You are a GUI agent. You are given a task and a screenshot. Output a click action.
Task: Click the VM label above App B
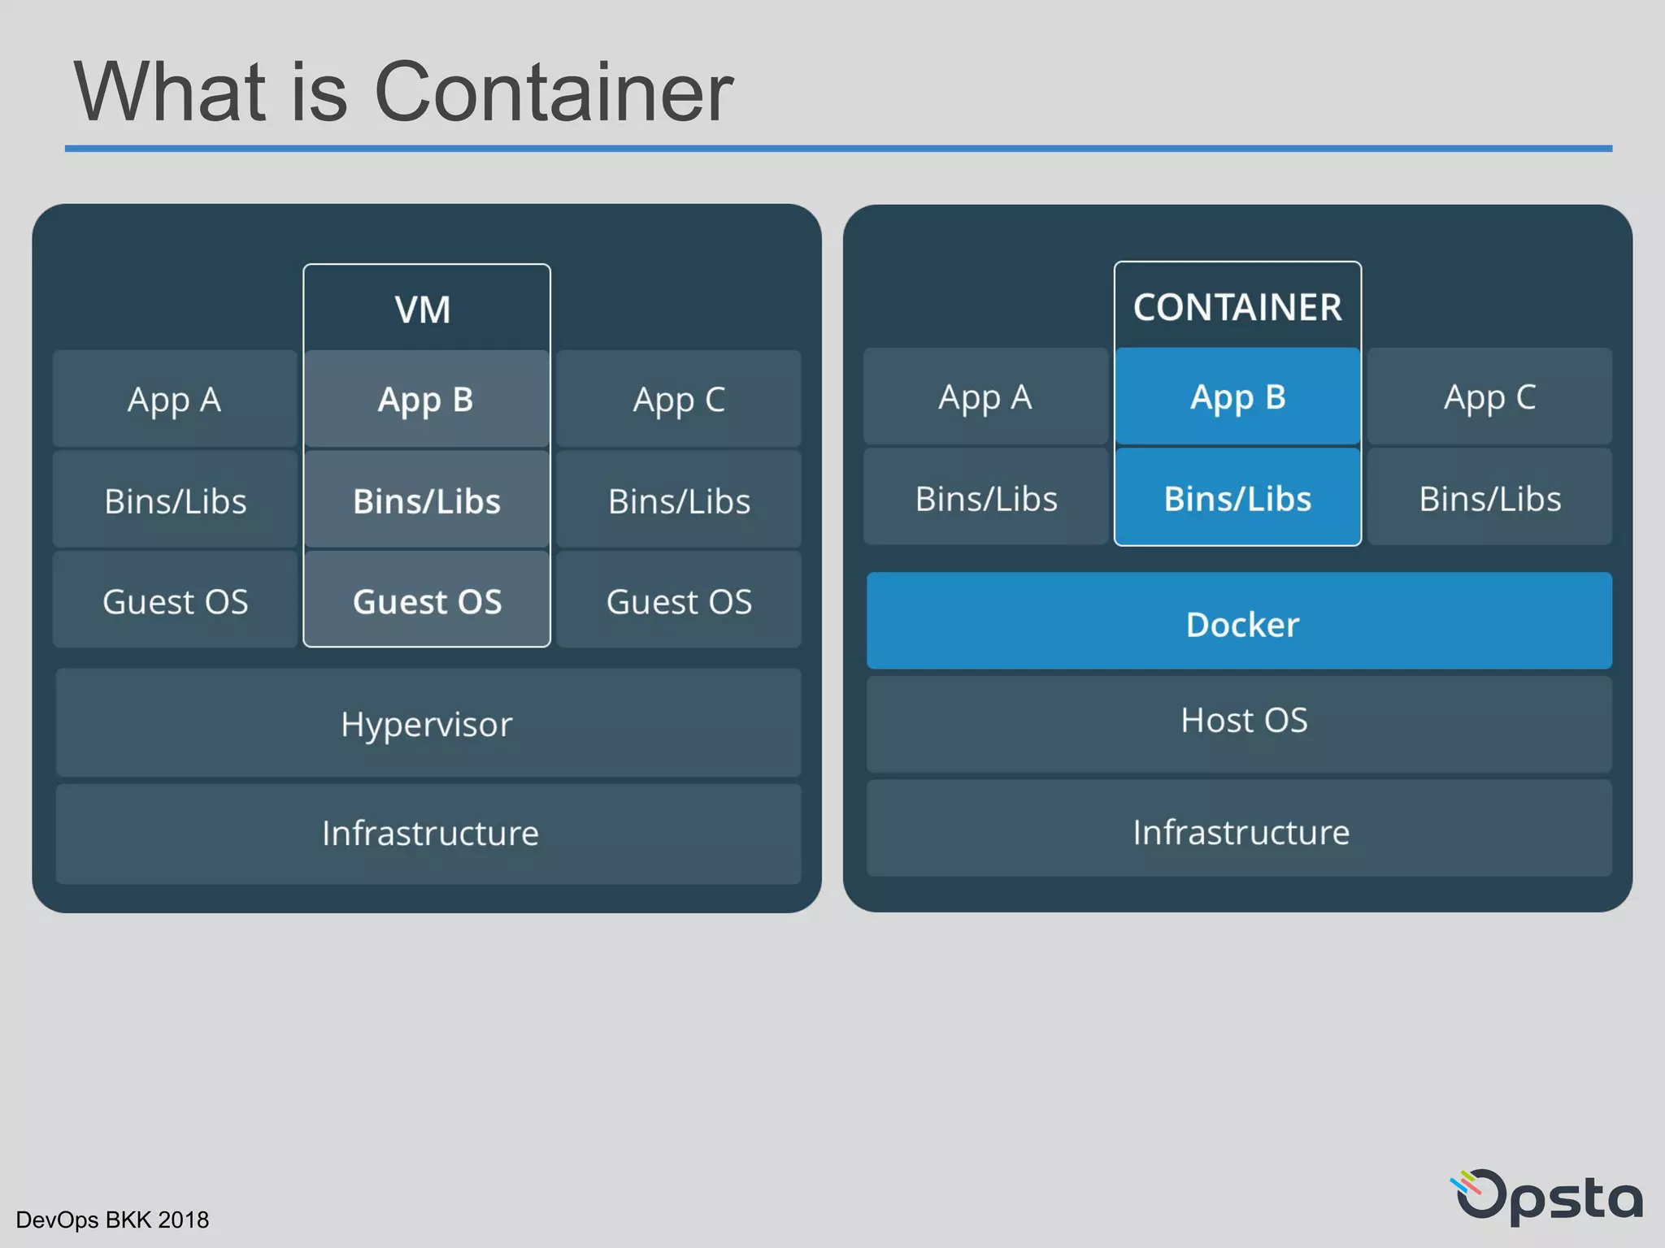(423, 310)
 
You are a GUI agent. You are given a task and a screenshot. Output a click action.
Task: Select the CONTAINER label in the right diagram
(1237, 307)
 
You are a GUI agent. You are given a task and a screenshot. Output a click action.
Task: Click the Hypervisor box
(428, 723)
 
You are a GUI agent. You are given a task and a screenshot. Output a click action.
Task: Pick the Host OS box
(1239, 722)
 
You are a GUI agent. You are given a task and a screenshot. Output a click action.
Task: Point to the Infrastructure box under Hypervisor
(428, 833)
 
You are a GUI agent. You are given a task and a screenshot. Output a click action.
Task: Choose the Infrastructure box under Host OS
(1239, 830)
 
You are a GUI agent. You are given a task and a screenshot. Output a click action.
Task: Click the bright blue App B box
(1237, 397)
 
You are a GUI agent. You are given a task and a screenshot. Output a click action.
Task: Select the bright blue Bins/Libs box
(1237, 498)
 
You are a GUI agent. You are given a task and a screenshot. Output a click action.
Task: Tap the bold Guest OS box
(427, 600)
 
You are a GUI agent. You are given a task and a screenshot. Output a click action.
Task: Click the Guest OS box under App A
(175, 600)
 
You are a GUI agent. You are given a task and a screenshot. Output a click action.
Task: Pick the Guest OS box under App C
(679, 600)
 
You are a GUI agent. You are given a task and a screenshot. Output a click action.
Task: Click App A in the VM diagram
(175, 399)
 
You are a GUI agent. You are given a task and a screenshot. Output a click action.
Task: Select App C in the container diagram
(1489, 397)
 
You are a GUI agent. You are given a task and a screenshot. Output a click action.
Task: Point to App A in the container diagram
(985, 397)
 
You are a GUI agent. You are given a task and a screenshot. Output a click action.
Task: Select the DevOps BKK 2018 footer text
(112, 1220)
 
